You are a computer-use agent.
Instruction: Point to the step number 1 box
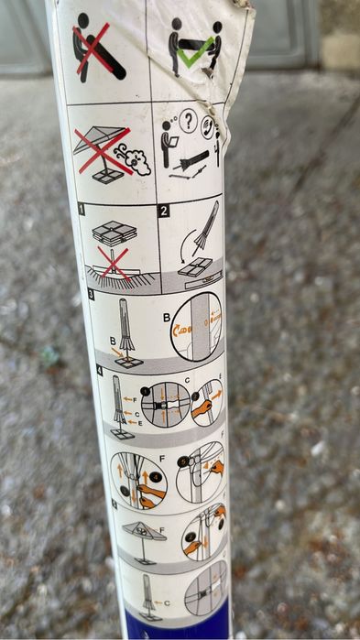pos(82,210)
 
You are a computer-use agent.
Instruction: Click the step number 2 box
pos(164,211)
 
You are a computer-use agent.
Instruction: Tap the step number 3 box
pos(92,295)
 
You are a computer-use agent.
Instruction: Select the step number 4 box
pos(99,370)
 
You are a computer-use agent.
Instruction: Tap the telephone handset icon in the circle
pos(207,126)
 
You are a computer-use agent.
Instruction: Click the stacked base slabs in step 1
pos(115,233)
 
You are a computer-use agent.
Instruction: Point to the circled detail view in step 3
pos(196,325)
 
